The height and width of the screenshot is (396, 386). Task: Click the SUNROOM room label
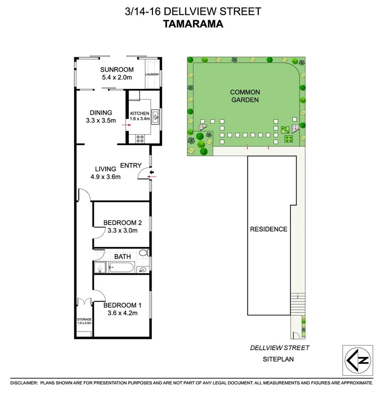(x=117, y=70)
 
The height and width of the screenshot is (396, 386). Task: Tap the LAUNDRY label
(x=152, y=74)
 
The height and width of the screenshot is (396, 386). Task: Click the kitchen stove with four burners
(x=140, y=138)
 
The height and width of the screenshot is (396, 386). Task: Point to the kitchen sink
(x=156, y=117)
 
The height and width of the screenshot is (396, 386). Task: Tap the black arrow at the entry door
(x=152, y=172)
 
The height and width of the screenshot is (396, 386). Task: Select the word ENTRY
(x=131, y=165)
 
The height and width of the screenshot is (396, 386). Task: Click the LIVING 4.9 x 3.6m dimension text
(x=105, y=176)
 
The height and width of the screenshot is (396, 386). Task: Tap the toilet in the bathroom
(x=144, y=252)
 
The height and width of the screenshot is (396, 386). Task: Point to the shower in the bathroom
(x=100, y=268)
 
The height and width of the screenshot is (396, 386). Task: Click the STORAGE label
(x=84, y=319)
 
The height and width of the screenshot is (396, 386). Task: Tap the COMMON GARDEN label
(x=245, y=96)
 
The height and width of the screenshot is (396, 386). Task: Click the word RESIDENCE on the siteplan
(x=269, y=229)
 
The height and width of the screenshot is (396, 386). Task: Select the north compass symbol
(x=357, y=360)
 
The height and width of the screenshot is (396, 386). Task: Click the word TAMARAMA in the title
(x=193, y=24)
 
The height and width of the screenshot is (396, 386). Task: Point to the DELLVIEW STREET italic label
(x=280, y=348)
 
